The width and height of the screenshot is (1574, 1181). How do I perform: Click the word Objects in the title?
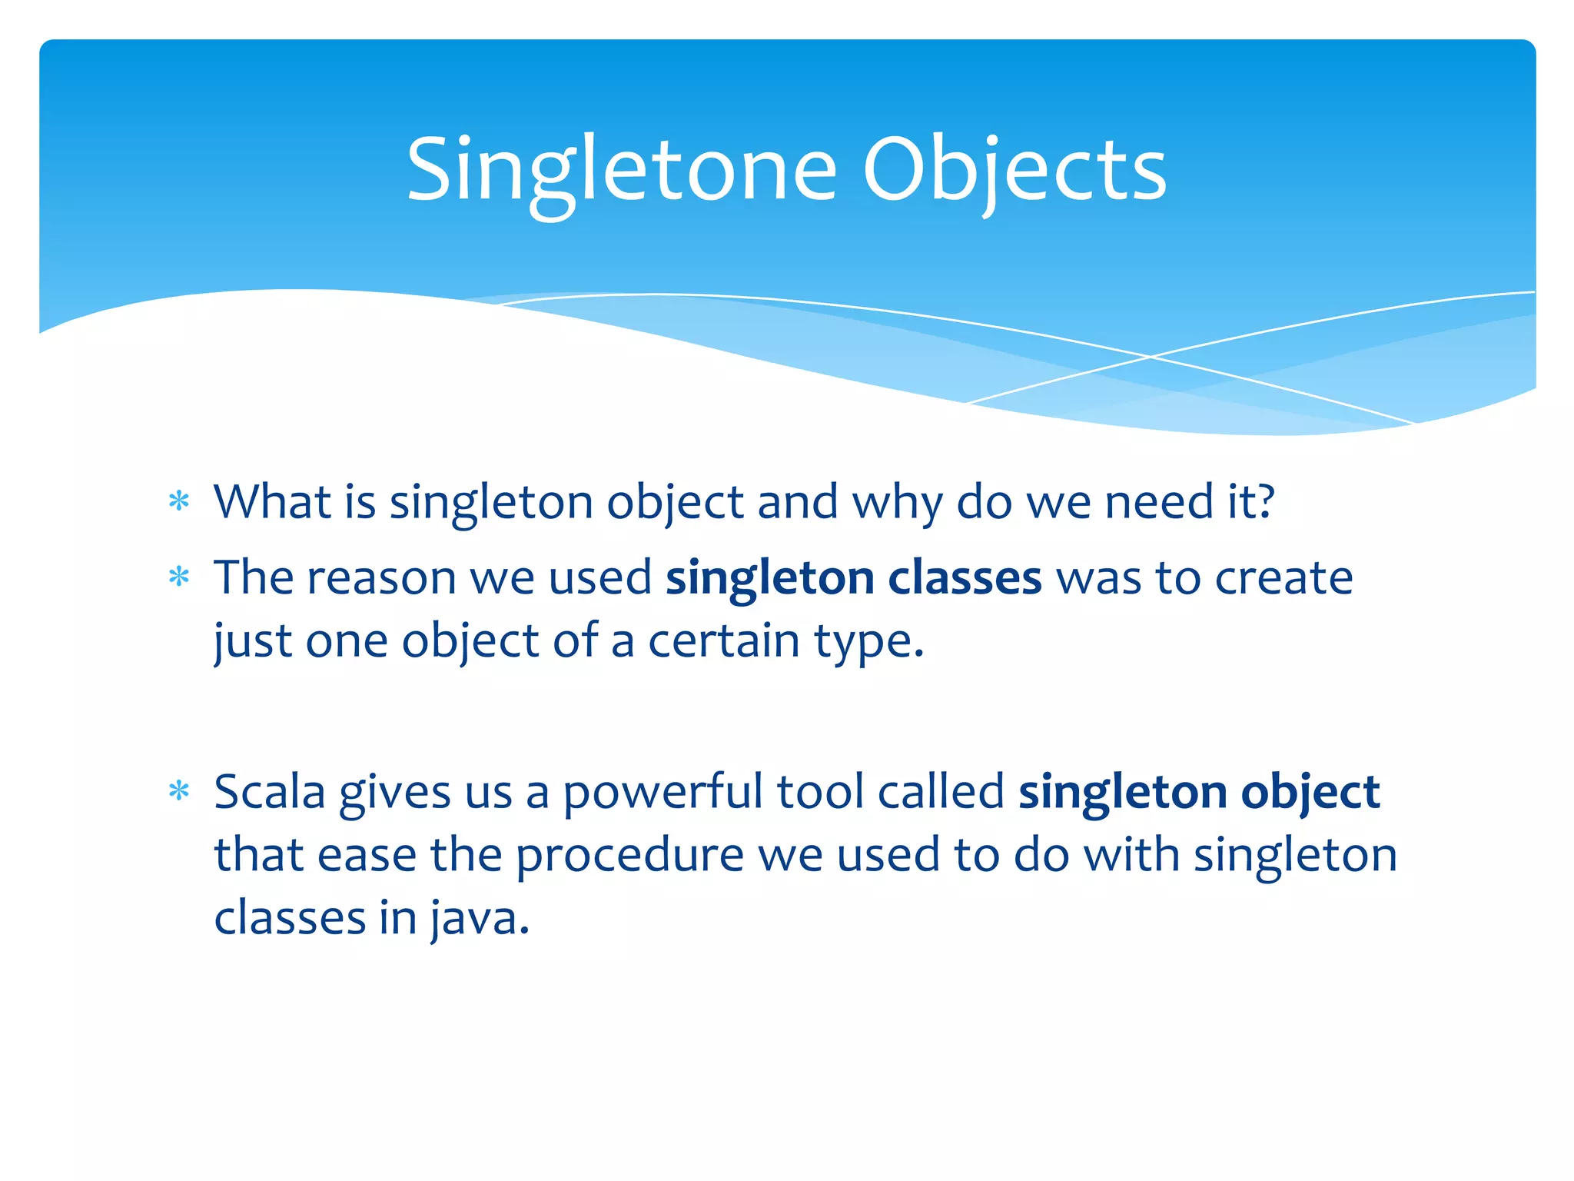(x=1014, y=171)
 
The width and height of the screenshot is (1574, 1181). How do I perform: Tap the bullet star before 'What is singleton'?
(x=179, y=502)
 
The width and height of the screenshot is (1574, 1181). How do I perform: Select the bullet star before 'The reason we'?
(x=179, y=577)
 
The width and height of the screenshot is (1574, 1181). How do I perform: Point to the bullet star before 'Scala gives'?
(x=179, y=790)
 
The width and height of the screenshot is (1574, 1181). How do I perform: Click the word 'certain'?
(x=723, y=640)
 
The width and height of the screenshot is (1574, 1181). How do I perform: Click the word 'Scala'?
(x=269, y=792)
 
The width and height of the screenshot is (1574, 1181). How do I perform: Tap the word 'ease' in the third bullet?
(x=366, y=856)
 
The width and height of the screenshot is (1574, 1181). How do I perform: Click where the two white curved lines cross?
(x=1151, y=357)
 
